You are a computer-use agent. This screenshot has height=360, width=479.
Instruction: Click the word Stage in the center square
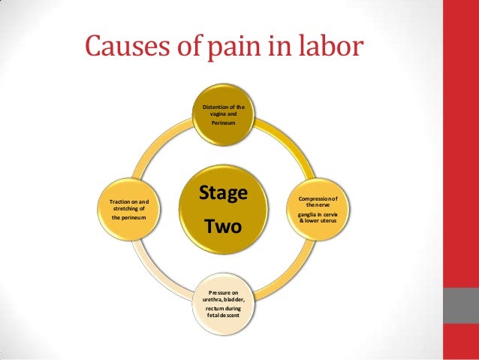pos(223,193)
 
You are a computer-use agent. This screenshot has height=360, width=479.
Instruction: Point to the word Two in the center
pos(223,225)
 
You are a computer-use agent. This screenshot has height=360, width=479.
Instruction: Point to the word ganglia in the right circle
pos(308,214)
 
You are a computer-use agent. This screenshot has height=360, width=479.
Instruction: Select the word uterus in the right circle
pos(328,221)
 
